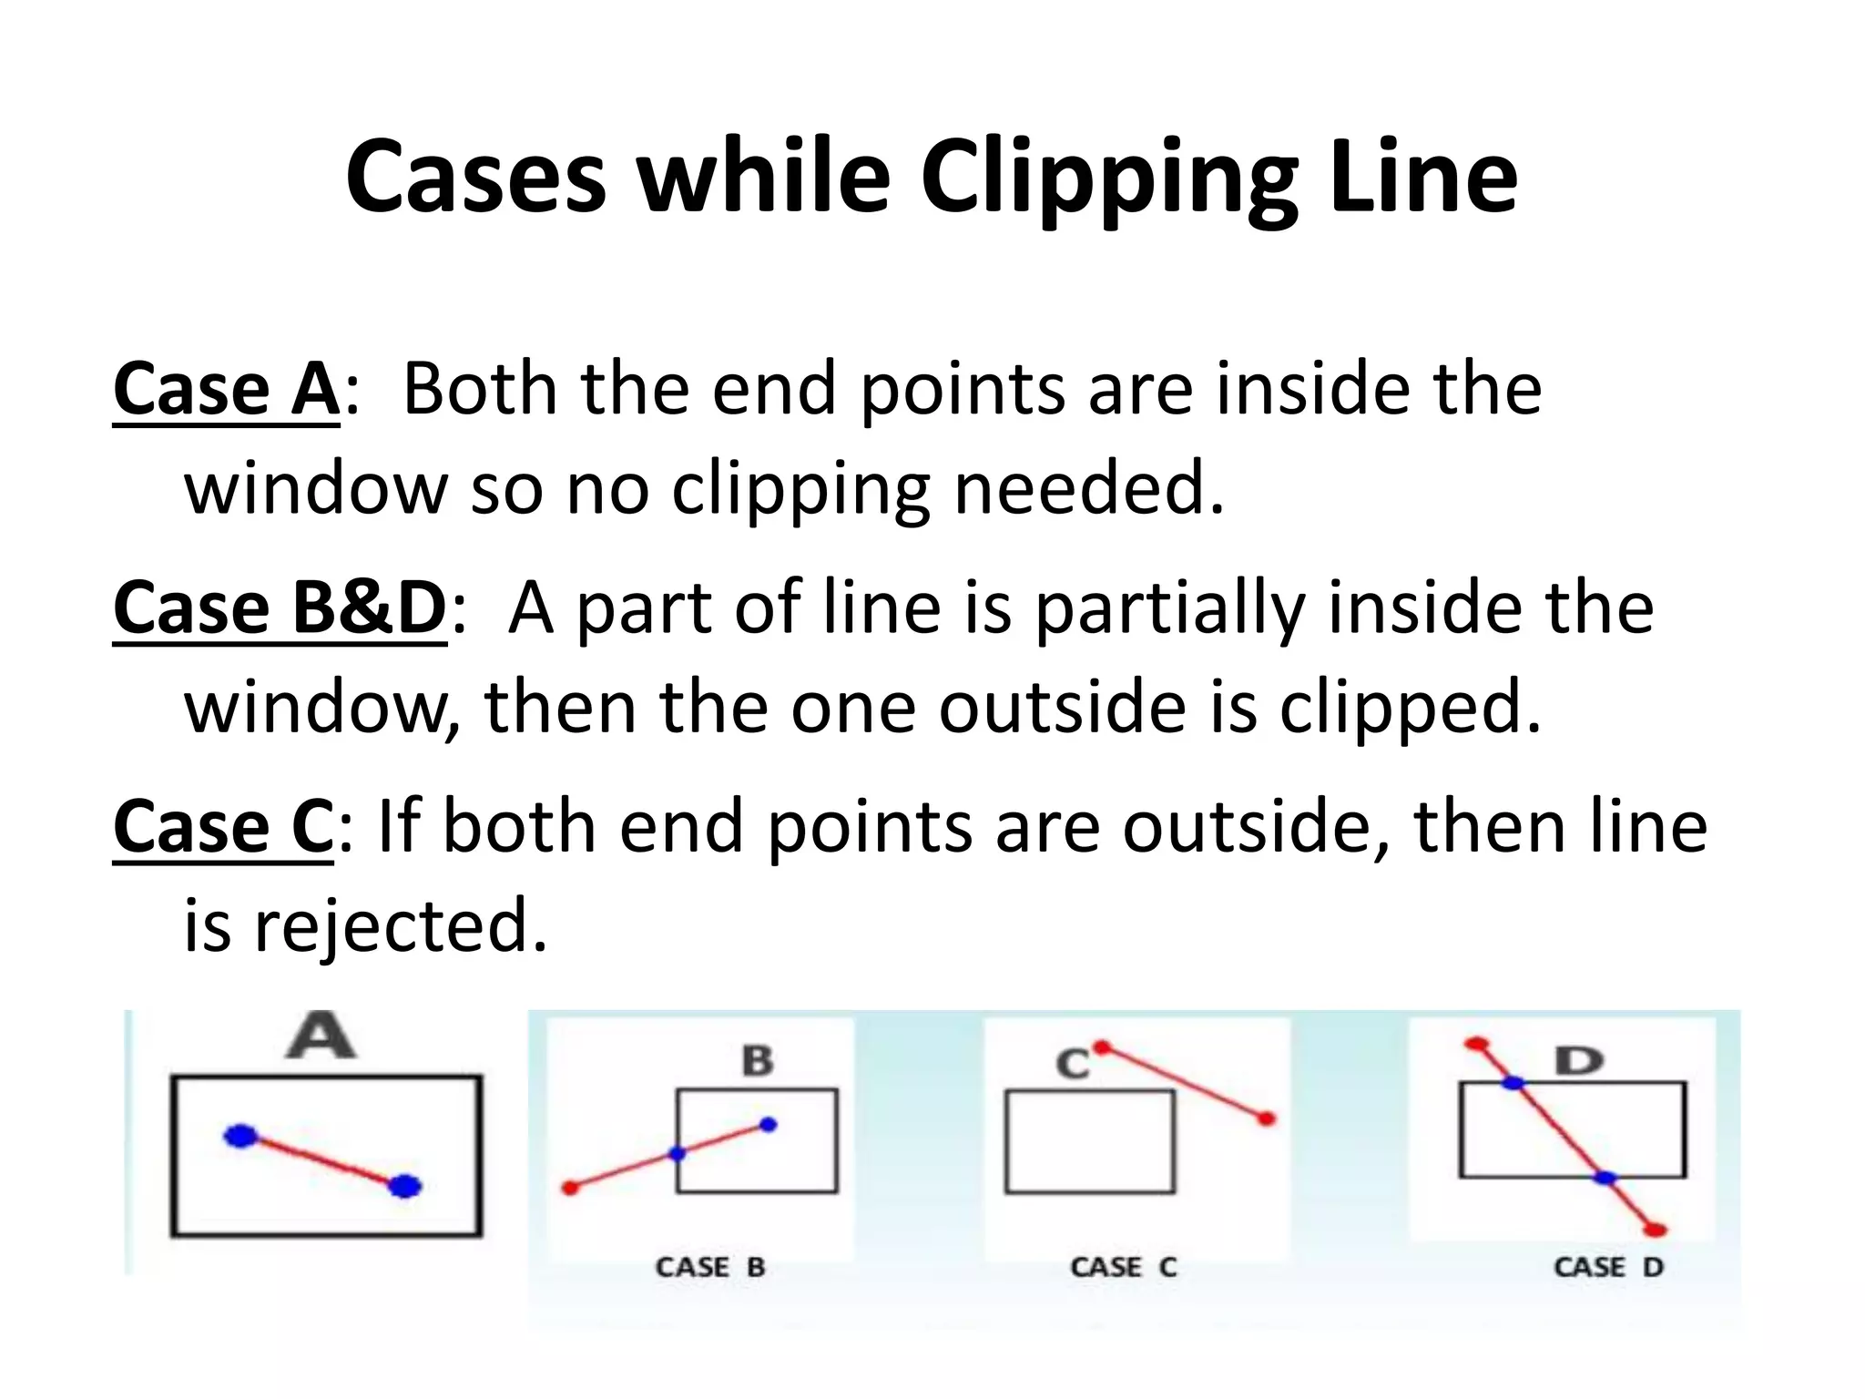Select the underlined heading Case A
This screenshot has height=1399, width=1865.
tap(226, 390)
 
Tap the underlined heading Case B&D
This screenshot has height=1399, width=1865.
tap(280, 608)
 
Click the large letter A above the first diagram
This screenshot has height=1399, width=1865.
tap(321, 1037)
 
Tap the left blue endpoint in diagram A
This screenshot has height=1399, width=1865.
tap(241, 1136)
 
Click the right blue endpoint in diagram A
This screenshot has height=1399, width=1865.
tap(404, 1186)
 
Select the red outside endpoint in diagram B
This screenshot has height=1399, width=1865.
tap(571, 1188)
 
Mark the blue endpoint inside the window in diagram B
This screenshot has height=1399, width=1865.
tap(768, 1125)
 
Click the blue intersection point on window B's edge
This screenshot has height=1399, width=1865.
tap(677, 1154)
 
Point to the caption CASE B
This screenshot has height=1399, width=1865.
tap(710, 1267)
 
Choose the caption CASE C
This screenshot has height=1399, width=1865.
tap(1124, 1267)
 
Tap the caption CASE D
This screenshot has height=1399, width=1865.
tap(1608, 1267)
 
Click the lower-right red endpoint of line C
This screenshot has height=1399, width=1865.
tap(1266, 1118)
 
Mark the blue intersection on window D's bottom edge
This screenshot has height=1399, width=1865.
tap(1605, 1178)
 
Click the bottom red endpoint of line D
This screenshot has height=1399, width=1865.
tap(1656, 1231)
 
